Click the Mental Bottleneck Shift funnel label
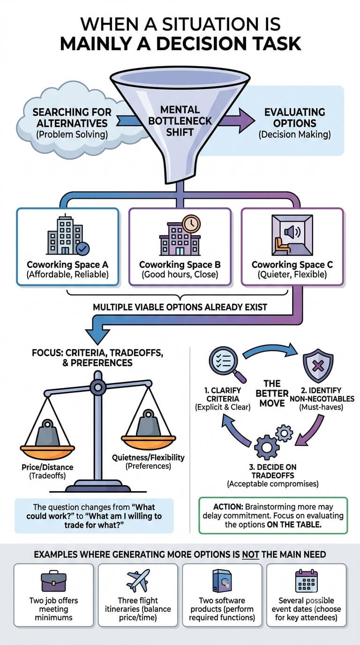tap(180, 121)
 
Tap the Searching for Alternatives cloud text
tap(72, 123)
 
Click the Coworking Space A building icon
tap(65, 235)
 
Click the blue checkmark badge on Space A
tap(82, 249)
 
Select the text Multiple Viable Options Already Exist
tap(180, 307)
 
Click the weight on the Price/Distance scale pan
tap(47, 433)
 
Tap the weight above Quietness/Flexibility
tap(148, 422)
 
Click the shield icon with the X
tap(318, 366)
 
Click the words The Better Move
tap(272, 393)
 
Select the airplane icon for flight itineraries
tap(138, 580)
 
